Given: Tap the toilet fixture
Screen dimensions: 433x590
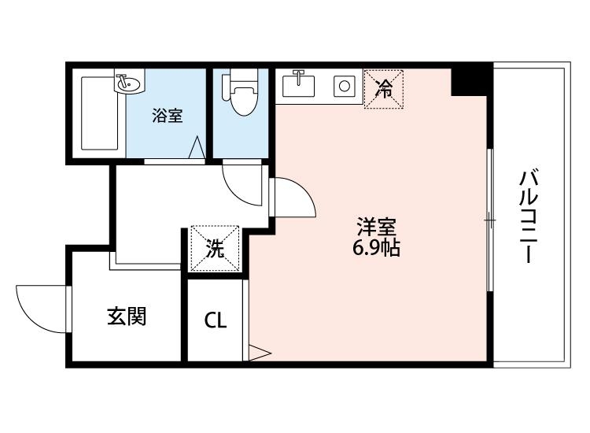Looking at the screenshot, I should click(x=240, y=95).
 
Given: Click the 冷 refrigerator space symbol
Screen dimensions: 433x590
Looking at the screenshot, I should click(x=383, y=88).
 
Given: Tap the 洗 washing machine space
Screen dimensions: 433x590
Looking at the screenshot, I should click(x=215, y=250).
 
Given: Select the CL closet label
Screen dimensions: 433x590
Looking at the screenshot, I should click(x=216, y=320).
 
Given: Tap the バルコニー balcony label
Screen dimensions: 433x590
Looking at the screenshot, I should click(x=528, y=216).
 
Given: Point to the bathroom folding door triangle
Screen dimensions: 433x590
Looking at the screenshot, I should click(x=197, y=148).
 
